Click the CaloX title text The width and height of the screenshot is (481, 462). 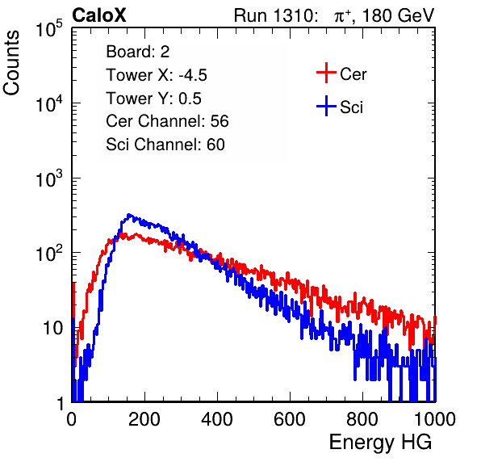point(99,15)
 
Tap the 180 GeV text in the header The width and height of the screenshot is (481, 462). point(398,15)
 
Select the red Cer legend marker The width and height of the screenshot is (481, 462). point(326,73)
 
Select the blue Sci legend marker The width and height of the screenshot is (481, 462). point(326,106)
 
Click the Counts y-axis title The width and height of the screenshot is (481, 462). point(11,63)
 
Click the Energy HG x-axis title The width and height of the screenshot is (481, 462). point(380,443)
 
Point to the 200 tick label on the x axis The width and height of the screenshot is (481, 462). point(144,419)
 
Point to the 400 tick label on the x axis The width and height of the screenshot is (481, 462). point(217,419)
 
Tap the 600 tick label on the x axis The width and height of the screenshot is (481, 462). point(290,419)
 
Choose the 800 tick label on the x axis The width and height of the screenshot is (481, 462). point(362,419)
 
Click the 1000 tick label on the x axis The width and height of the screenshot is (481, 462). point(435,419)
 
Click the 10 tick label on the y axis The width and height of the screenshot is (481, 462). point(53,328)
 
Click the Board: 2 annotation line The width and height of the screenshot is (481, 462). point(138,52)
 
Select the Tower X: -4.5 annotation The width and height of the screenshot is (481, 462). point(157,75)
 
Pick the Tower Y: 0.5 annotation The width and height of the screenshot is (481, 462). point(153,99)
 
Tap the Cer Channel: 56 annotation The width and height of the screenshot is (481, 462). point(167,121)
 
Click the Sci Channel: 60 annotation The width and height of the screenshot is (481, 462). point(165,145)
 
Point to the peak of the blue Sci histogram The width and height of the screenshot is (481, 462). point(129,215)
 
